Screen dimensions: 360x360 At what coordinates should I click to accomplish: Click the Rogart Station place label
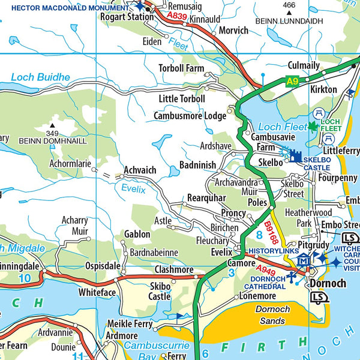pyautogui.click(x=127, y=17)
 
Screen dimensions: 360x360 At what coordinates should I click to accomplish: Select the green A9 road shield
pyautogui.click(x=292, y=82)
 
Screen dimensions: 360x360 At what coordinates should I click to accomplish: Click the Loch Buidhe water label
pyautogui.click(x=40, y=77)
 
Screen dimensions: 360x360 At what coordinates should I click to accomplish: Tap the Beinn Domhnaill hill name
pyautogui.click(x=53, y=141)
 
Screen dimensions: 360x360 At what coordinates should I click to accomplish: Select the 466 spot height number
pyautogui.click(x=289, y=5)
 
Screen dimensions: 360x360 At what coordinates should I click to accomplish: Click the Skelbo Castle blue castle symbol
pyautogui.click(x=295, y=157)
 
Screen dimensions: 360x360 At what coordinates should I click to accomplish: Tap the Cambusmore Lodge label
pyautogui.click(x=190, y=115)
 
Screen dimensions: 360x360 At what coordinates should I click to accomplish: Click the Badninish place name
pyautogui.click(x=197, y=165)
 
